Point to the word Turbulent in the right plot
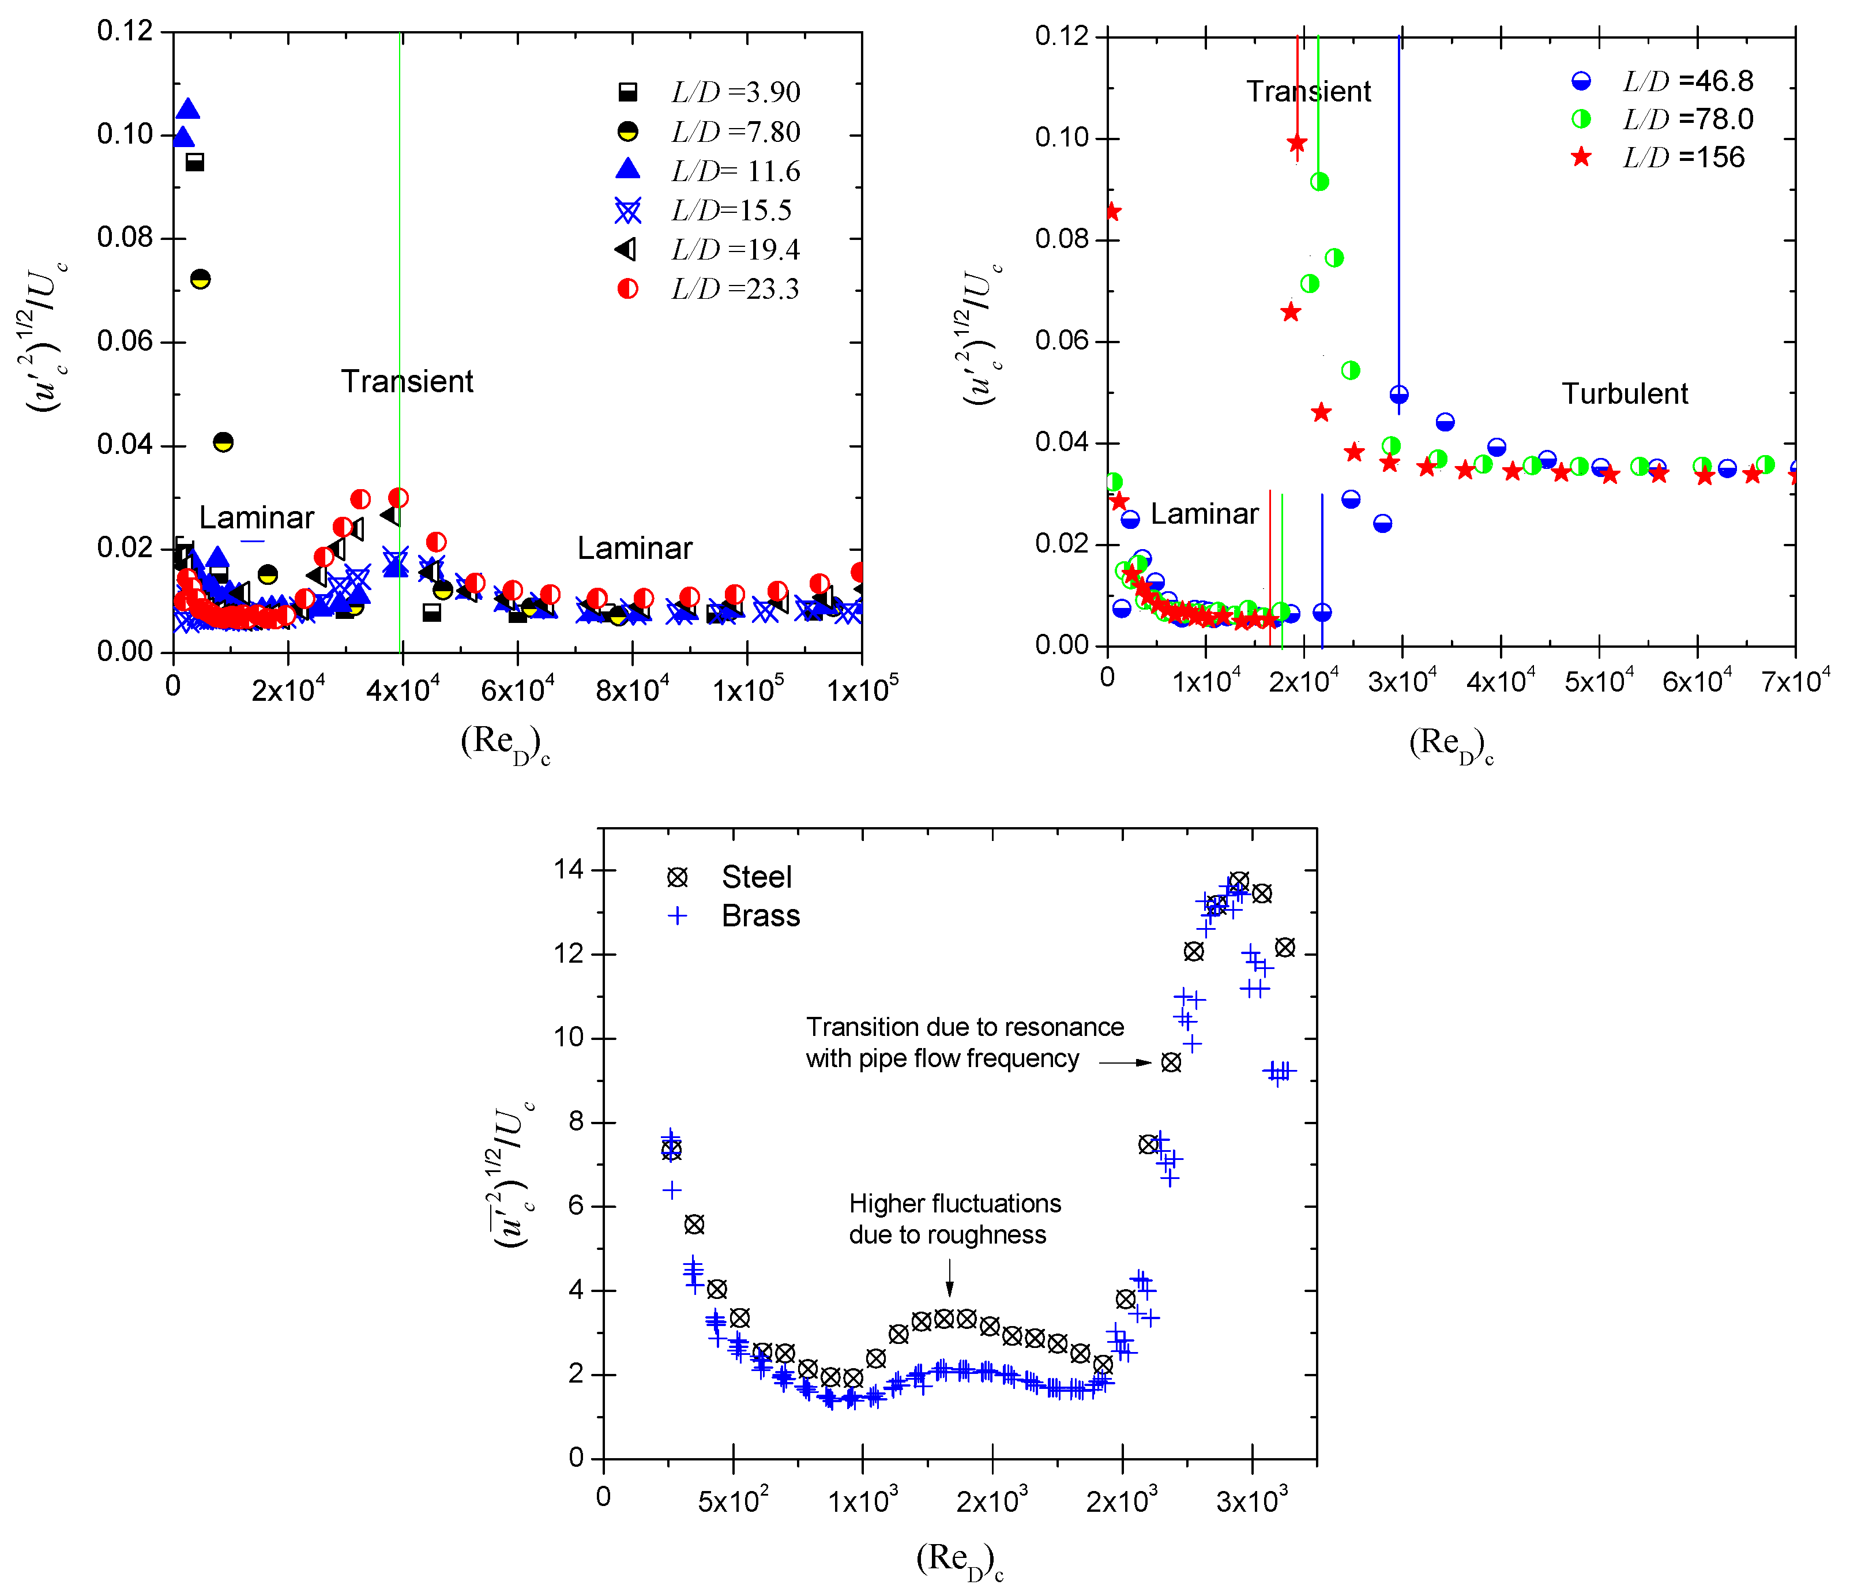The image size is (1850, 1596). [1624, 394]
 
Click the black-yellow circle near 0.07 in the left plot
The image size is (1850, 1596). [201, 279]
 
